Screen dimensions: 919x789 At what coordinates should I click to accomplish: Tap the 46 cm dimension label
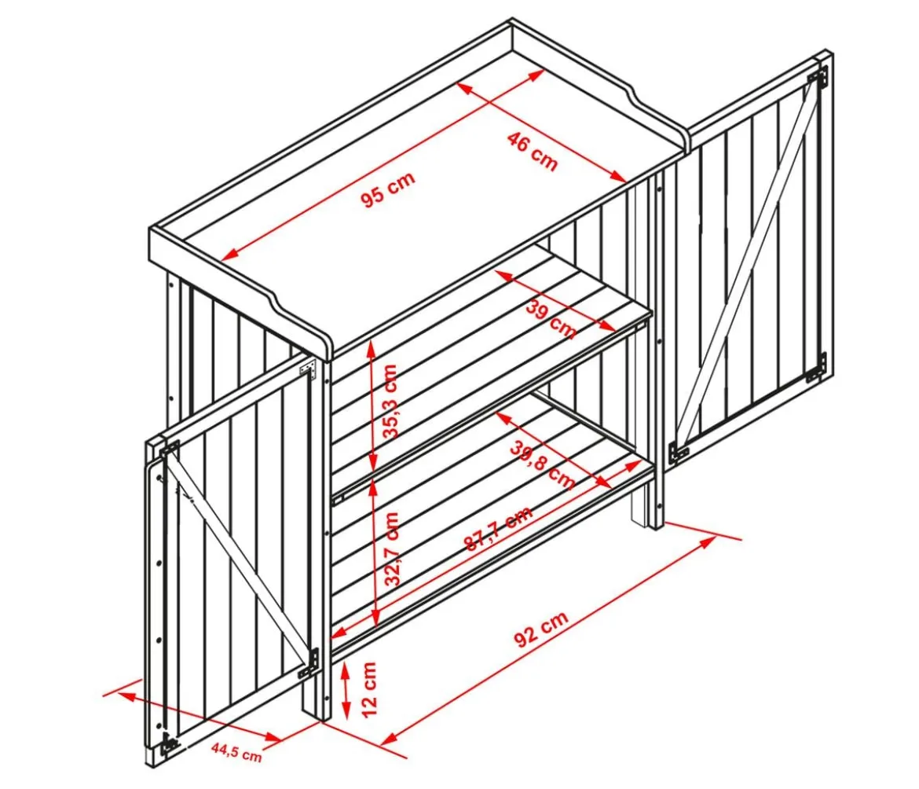tap(533, 152)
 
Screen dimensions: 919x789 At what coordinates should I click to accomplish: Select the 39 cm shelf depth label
tap(551, 318)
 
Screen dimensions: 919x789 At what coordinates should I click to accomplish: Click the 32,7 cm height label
tap(392, 549)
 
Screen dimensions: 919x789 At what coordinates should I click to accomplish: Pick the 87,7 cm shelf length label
tap(499, 528)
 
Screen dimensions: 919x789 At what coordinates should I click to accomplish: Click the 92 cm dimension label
tap(541, 629)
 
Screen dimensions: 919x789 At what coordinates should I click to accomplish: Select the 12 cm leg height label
tap(369, 689)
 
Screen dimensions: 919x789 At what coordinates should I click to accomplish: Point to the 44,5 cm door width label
tap(236, 751)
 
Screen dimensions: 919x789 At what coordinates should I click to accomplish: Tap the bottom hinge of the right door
tap(816, 368)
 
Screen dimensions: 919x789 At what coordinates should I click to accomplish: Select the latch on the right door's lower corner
tap(679, 450)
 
